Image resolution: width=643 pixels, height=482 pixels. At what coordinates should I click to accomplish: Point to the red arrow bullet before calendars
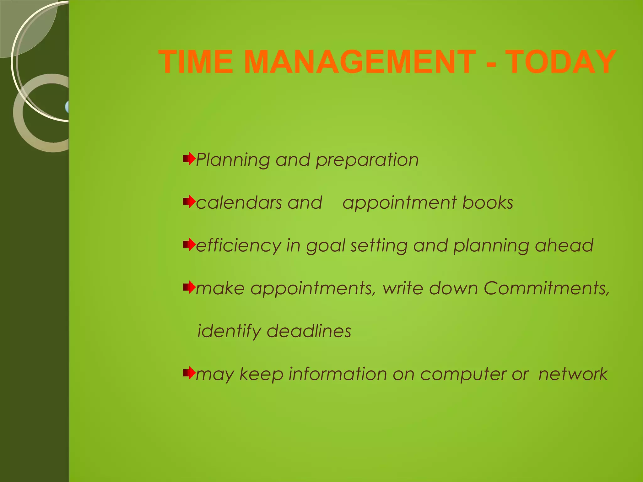point(189,202)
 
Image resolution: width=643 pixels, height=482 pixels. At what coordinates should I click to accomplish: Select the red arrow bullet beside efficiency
point(189,244)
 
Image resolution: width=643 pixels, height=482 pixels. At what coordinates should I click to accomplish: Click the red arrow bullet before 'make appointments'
point(189,287)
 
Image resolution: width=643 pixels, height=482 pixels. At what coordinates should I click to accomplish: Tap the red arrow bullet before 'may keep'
point(189,373)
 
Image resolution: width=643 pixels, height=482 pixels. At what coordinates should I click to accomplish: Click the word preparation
point(367,160)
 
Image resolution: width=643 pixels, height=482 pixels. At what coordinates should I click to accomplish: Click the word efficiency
point(238,246)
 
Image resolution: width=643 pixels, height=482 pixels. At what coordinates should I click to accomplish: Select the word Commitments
point(546,288)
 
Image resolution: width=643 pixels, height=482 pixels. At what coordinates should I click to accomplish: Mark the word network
point(573,374)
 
